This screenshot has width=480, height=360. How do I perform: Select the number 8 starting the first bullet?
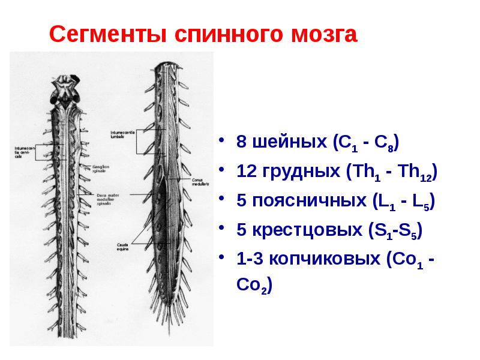click(x=241, y=143)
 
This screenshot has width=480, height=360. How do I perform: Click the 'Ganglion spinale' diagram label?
click(x=99, y=169)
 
